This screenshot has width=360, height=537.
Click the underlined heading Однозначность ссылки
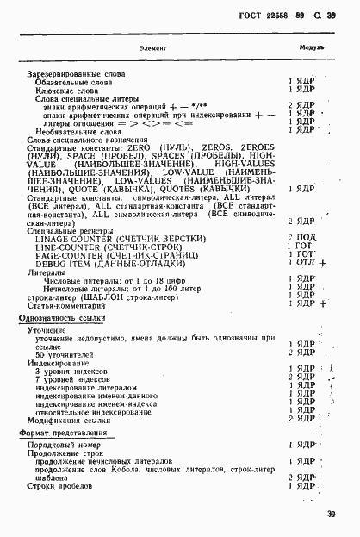[x=69, y=319]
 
